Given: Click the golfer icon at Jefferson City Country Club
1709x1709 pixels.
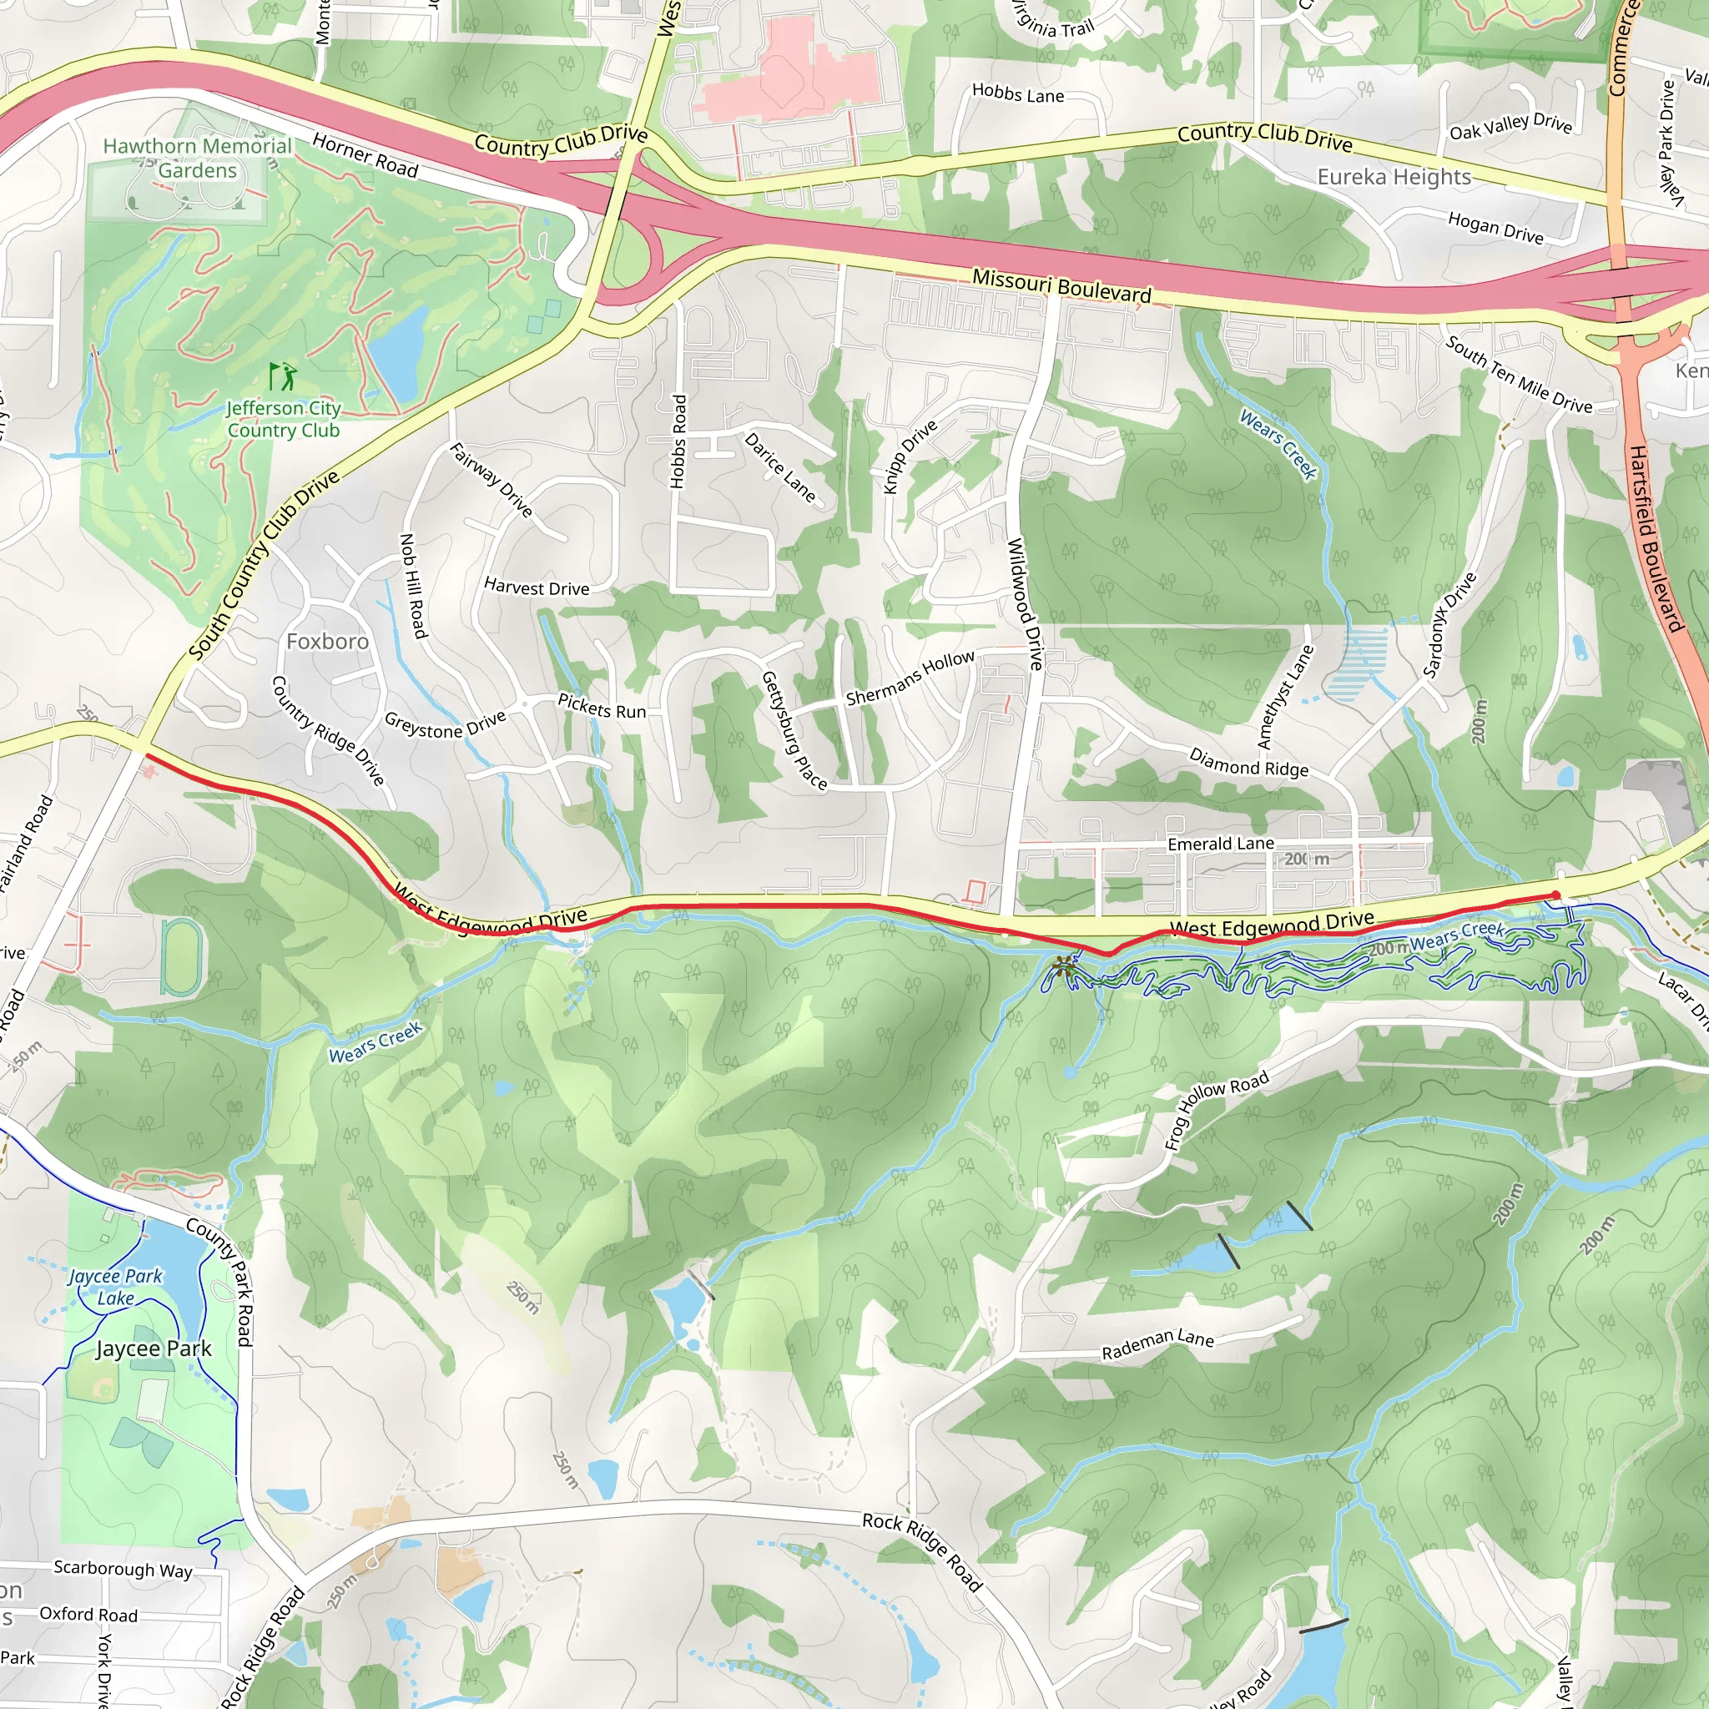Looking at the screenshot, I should pyautogui.click(x=283, y=377).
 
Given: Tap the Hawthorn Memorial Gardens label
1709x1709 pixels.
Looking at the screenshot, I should pyautogui.click(x=197, y=159).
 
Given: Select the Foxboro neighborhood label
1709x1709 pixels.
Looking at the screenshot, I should pyautogui.click(x=327, y=642).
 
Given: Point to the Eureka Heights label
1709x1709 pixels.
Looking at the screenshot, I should pyautogui.click(x=1394, y=177).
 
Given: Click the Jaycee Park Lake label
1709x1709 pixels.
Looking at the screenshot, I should pyautogui.click(x=116, y=1287).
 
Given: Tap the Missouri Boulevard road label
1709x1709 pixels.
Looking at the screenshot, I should pyautogui.click(x=1061, y=285).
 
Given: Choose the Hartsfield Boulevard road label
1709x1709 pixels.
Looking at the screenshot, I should pyautogui.click(x=1653, y=539).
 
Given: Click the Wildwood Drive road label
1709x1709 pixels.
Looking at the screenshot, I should pyautogui.click(x=1026, y=603).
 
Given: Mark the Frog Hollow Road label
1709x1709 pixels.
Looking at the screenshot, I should pyautogui.click(x=1217, y=1109).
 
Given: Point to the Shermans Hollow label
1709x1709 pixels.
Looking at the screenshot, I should pyautogui.click(x=910, y=678).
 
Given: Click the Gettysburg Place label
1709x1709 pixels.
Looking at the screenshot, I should pyautogui.click(x=794, y=731).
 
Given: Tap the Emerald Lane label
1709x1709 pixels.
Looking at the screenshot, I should pyautogui.click(x=1221, y=844).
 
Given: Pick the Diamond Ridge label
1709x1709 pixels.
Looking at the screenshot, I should pyautogui.click(x=1248, y=763).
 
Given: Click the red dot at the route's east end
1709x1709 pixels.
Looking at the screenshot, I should pyautogui.click(x=1556, y=895).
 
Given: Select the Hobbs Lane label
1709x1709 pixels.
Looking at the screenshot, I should pyautogui.click(x=1017, y=93).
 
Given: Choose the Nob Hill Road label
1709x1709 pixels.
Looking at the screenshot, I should pyautogui.click(x=413, y=585).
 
